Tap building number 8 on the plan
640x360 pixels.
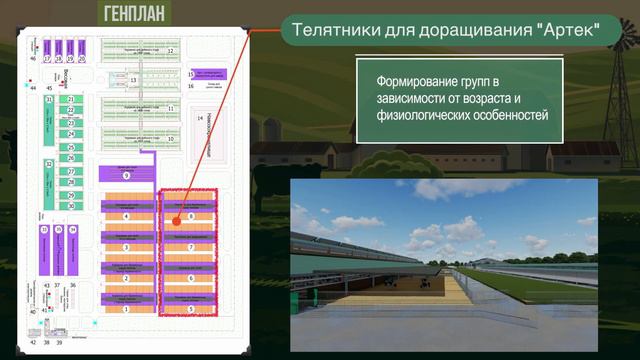click(x=190, y=216)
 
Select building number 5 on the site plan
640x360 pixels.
click(x=190, y=310)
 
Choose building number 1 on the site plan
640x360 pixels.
click(x=126, y=310)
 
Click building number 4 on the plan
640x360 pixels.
click(x=126, y=216)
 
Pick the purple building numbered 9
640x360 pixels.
click(x=126, y=175)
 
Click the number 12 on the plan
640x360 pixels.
click(x=170, y=50)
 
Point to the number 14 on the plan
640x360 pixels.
click(x=200, y=118)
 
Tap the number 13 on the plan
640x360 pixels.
click(x=133, y=79)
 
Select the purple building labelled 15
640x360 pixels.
click(x=191, y=74)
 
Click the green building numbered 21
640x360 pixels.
click(x=71, y=100)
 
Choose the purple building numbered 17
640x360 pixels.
click(x=46, y=59)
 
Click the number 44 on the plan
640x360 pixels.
click(x=33, y=89)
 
